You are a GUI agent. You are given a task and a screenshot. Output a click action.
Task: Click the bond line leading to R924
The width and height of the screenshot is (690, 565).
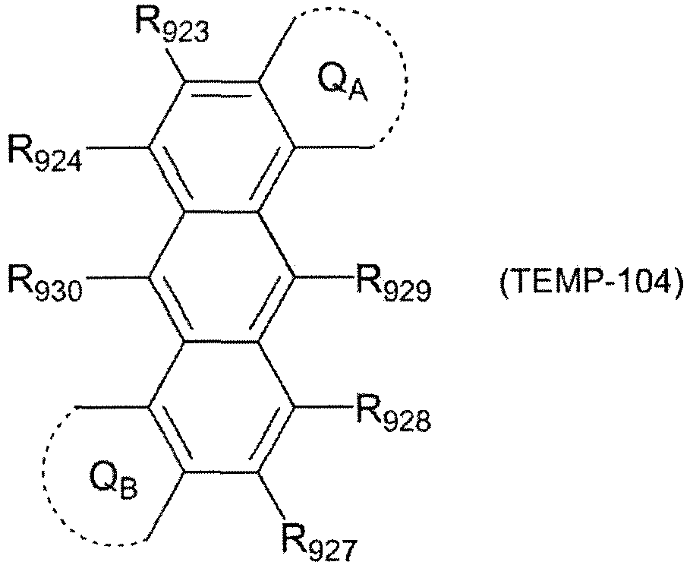pyautogui.click(x=117, y=147)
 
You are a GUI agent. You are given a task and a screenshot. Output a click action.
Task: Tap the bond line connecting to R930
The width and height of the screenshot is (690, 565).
pyautogui.click(x=117, y=277)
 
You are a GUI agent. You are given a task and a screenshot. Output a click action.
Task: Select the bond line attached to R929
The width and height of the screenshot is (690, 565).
pyautogui.click(x=325, y=277)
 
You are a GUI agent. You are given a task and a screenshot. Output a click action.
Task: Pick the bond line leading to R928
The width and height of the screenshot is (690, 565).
pyautogui.click(x=325, y=406)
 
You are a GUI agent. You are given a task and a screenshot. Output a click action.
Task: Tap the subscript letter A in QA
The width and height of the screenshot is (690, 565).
pyautogui.click(x=358, y=92)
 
